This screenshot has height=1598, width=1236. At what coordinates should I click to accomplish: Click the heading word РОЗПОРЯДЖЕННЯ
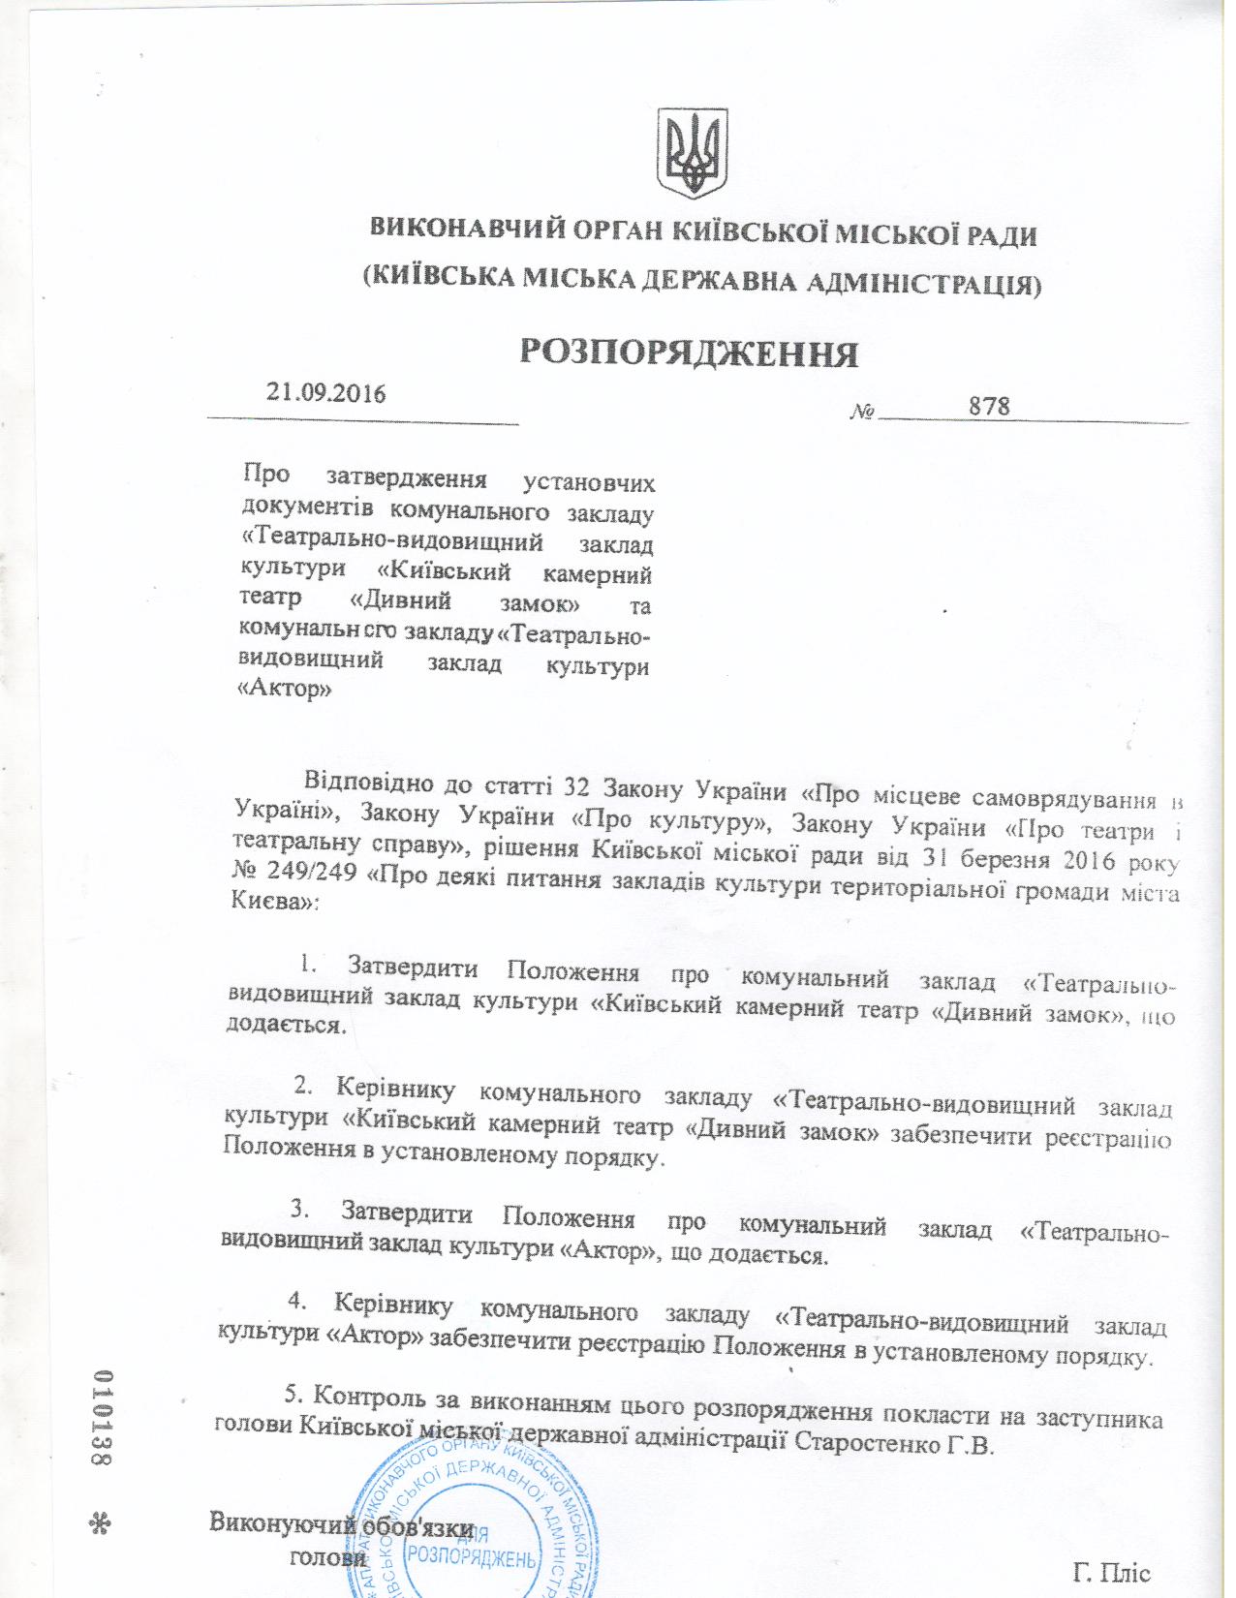pyautogui.click(x=689, y=353)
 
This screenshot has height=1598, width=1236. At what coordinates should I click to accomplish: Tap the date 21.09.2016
pyautogui.click(x=326, y=393)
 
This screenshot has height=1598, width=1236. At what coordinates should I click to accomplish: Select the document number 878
pyautogui.click(x=989, y=406)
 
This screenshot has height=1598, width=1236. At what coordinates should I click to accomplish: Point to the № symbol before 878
pyautogui.click(x=861, y=413)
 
